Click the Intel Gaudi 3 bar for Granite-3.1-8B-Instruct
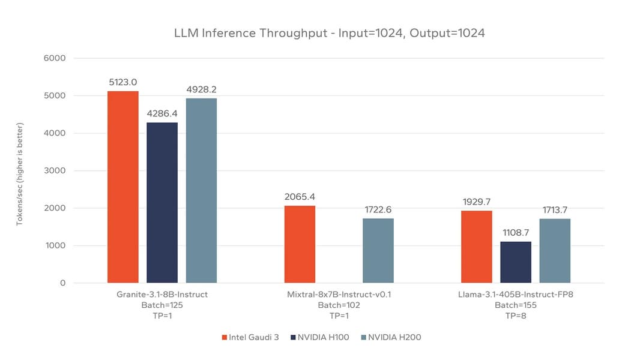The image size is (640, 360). (x=123, y=187)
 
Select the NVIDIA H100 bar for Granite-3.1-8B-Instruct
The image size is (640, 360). (x=162, y=203)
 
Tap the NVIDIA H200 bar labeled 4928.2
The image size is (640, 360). (x=201, y=190)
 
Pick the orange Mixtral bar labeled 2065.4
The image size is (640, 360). (x=300, y=244)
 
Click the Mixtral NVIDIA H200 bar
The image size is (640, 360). (x=378, y=251)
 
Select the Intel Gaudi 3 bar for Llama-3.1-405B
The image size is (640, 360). (x=476, y=247)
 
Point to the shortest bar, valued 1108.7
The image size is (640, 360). (x=516, y=262)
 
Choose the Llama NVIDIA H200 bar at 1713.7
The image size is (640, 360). (x=555, y=251)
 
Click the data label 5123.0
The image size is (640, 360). (x=123, y=82)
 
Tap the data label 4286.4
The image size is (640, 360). (x=162, y=114)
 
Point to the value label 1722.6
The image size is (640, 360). (x=378, y=209)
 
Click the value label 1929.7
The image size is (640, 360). (x=476, y=202)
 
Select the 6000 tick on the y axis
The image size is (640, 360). (x=55, y=58)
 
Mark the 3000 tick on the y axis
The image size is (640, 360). (x=55, y=170)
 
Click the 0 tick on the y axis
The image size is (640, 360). (x=62, y=283)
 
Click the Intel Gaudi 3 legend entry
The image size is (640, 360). (x=250, y=337)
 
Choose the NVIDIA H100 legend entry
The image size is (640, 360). (x=319, y=337)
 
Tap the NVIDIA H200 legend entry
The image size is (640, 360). (x=391, y=337)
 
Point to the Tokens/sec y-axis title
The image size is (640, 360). (x=20, y=174)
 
